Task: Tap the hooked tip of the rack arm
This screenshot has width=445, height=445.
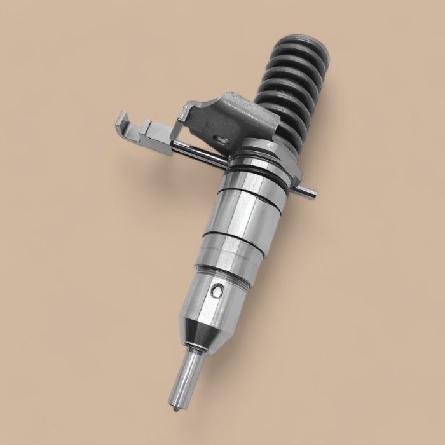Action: (120, 118)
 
